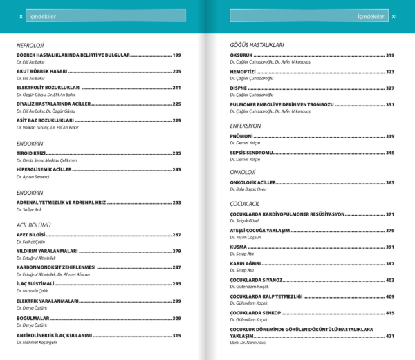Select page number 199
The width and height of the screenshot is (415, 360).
(x=176, y=55)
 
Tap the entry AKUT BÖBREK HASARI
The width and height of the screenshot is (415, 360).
(x=41, y=71)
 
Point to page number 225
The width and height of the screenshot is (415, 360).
(x=176, y=104)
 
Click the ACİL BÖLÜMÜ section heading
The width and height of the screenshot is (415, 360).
(x=34, y=225)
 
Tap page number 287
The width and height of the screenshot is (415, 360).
(x=176, y=267)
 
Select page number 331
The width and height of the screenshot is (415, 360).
(x=390, y=104)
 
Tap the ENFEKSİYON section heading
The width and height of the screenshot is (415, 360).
(x=245, y=126)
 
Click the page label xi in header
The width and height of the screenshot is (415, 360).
(x=394, y=16)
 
